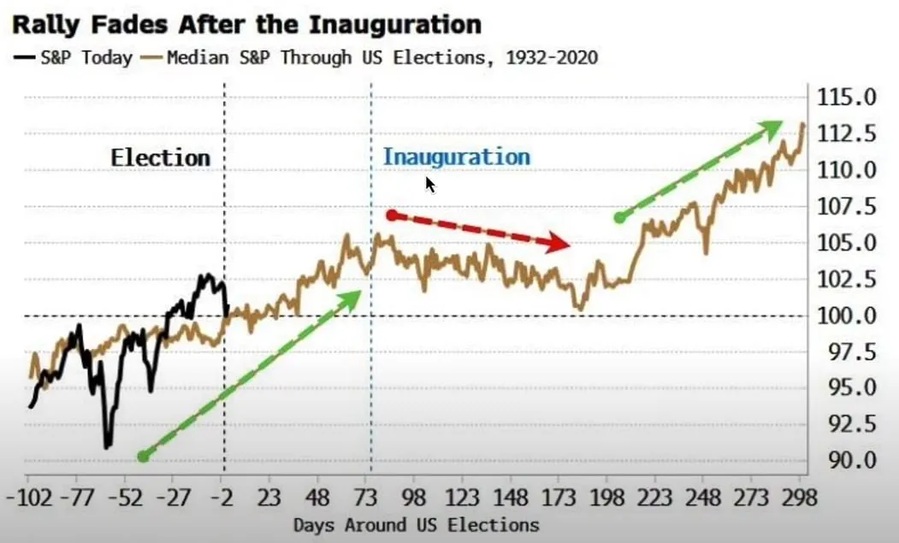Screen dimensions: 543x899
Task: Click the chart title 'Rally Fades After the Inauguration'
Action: (x=247, y=23)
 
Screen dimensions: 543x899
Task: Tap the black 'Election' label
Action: (x=160, y=158)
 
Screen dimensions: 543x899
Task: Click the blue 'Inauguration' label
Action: (x=456, y=157)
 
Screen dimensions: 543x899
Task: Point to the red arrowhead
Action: (x=561, y=244)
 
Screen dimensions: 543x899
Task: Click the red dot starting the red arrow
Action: (x=392, y=215)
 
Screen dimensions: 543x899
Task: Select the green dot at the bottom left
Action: (x=143, y=456)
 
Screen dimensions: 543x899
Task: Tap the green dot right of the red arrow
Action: (x=619, y=217)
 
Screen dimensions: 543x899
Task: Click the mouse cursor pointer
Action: (x=430, y=185)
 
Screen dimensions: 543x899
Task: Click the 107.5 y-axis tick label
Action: (x=844, y=207)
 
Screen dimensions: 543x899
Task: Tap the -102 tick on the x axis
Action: (x=27, y=498)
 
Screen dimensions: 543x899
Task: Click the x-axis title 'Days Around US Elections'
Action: (x=416, y=525)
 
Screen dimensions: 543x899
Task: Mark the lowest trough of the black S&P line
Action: (x=107, y=446)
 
